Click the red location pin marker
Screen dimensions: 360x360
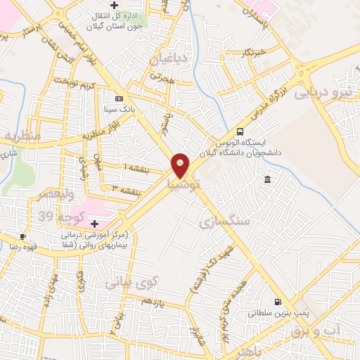click(x=181, y=165)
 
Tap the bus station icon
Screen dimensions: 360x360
click(x=240, y=131)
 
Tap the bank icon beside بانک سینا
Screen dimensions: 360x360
click(x=119, y=98)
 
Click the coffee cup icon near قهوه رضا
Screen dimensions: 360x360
click(x=24, y=236)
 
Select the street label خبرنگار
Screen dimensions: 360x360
click(x=251, y=52)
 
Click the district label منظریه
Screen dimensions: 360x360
click(x=21, y=134)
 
